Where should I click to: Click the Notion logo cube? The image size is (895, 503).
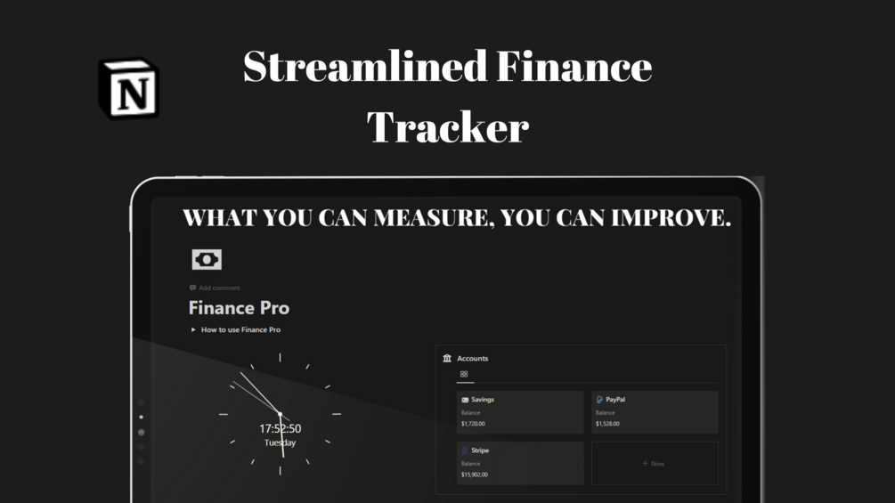(129, 89)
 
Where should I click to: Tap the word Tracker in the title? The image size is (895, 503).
(448, 126)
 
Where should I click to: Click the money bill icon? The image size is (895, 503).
(207, 259)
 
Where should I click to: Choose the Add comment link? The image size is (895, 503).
(218, 288)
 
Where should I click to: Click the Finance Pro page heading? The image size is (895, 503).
(239, 308)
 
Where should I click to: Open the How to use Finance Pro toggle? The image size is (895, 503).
(194, 330)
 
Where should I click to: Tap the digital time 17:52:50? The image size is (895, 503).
(280, 429)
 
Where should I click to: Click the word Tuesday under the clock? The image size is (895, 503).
(280, 442)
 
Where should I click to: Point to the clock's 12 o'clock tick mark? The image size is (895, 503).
(280, 358)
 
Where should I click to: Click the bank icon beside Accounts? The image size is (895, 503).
(447, 358)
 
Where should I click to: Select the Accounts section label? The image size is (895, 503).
(472, 359)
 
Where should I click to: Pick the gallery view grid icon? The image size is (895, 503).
(464, 375)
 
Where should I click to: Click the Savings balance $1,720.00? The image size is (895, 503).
(474, 424)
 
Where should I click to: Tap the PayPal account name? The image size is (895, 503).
(614, 400)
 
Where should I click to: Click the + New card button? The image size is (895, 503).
(654, 464)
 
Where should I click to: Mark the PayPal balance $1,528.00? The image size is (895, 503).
(607, 424)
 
